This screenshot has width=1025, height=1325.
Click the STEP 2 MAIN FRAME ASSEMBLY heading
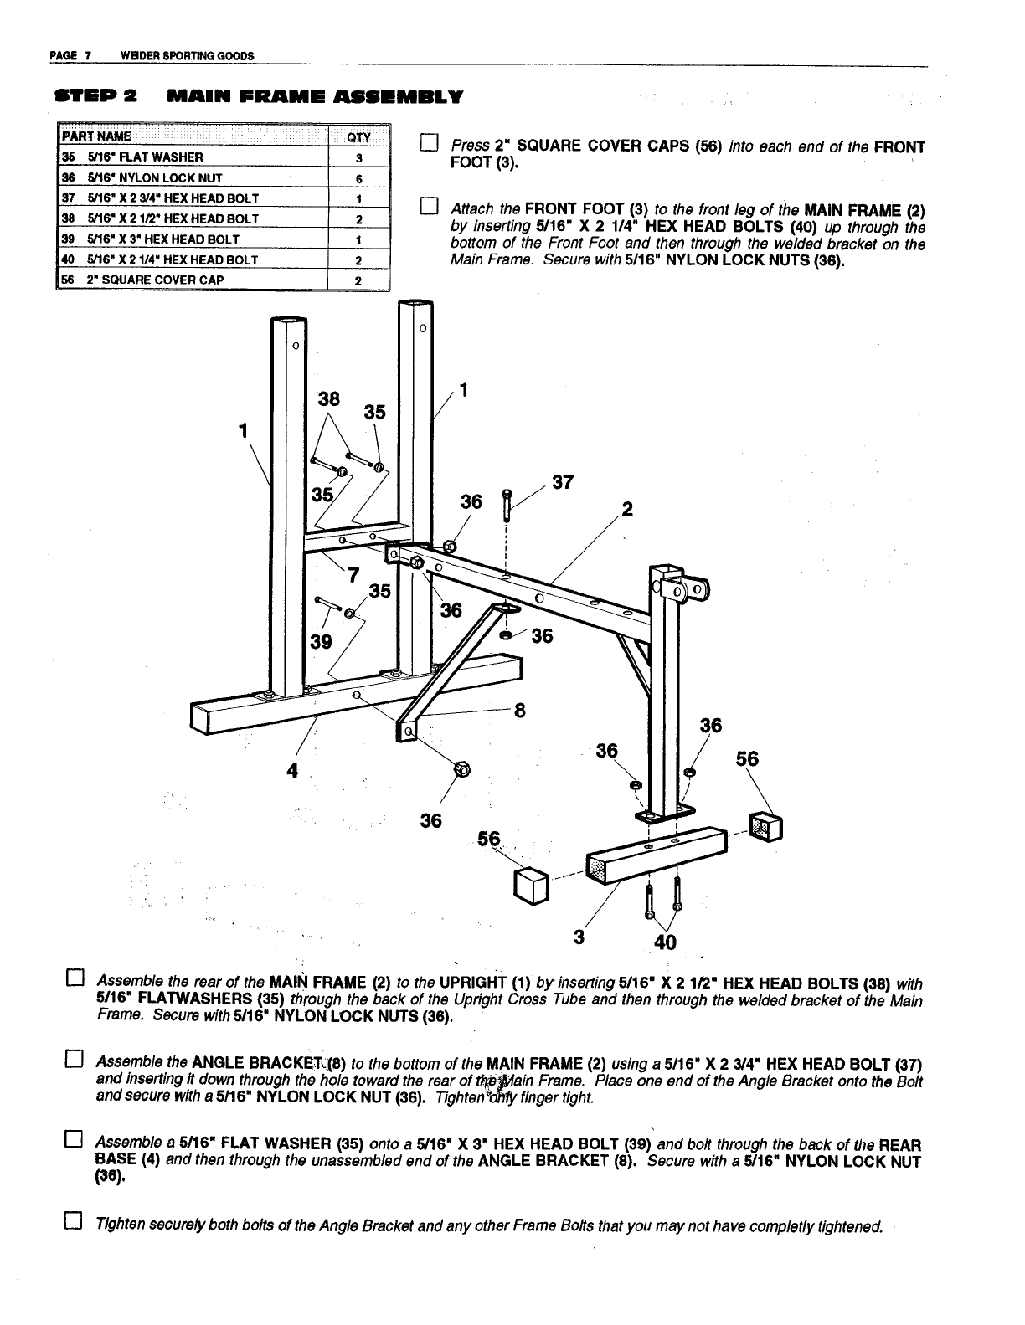coord(257,96)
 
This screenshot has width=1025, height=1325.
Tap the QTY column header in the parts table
coord(358,138)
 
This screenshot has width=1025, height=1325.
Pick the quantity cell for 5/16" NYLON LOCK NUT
coord(358,177)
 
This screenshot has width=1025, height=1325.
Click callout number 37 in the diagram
coord(563,483)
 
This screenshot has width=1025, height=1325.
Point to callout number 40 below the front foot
coord(665,943)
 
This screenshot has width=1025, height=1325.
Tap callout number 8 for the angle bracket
coord(519,711)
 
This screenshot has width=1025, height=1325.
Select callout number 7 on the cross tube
coord(353,575)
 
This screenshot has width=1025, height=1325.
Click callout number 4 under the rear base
coord(291,772)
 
